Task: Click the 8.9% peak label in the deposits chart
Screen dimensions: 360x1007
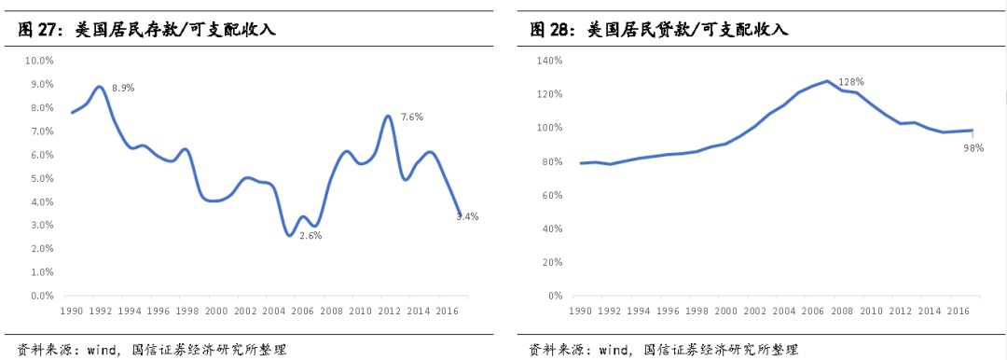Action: click(x=123, y=88)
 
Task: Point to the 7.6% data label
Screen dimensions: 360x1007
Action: click(x=412, y=117)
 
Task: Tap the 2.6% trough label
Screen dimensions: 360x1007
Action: click(x=310, y=235)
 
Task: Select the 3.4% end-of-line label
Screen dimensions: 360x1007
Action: click(x=467, y=216)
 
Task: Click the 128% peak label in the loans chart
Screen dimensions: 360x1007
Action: click(x=850, y=82)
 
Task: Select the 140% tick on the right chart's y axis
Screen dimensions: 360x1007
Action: click(x=550, y=61)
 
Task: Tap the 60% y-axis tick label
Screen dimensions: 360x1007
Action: click(x=553, y=195)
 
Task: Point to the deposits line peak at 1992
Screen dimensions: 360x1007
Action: click(x=100, y=87)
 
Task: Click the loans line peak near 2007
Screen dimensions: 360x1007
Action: click(x=826, y=80)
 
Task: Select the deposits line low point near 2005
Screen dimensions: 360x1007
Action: click(x=291, y=234)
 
